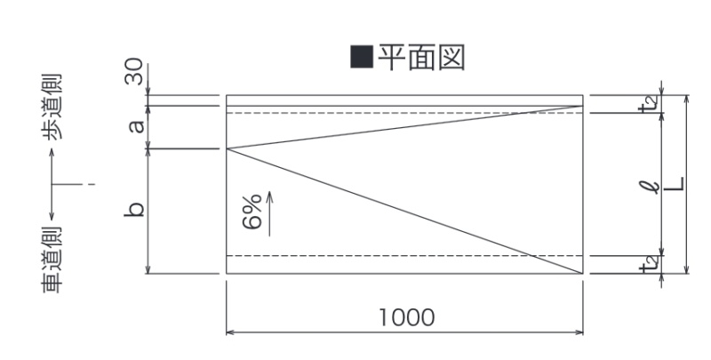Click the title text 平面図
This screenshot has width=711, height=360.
[421, 57]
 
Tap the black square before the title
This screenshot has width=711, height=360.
[362, 57]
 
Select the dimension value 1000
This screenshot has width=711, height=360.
[407, 317]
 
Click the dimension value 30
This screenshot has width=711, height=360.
[135, 72]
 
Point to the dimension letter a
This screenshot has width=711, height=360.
[136, 125]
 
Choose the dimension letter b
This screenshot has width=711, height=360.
[134, 209]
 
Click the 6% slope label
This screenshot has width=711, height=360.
[252, 212]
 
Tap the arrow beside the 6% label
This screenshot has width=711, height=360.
[269, 213]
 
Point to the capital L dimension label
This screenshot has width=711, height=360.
[676, 184]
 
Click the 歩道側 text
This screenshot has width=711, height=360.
[52, 108]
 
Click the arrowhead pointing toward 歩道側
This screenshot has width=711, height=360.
[52, 152]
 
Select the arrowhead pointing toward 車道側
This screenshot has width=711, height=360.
[52, 217]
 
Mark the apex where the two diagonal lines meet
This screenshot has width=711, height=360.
[227, 148]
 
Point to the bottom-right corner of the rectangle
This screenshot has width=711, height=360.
[583, 274]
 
